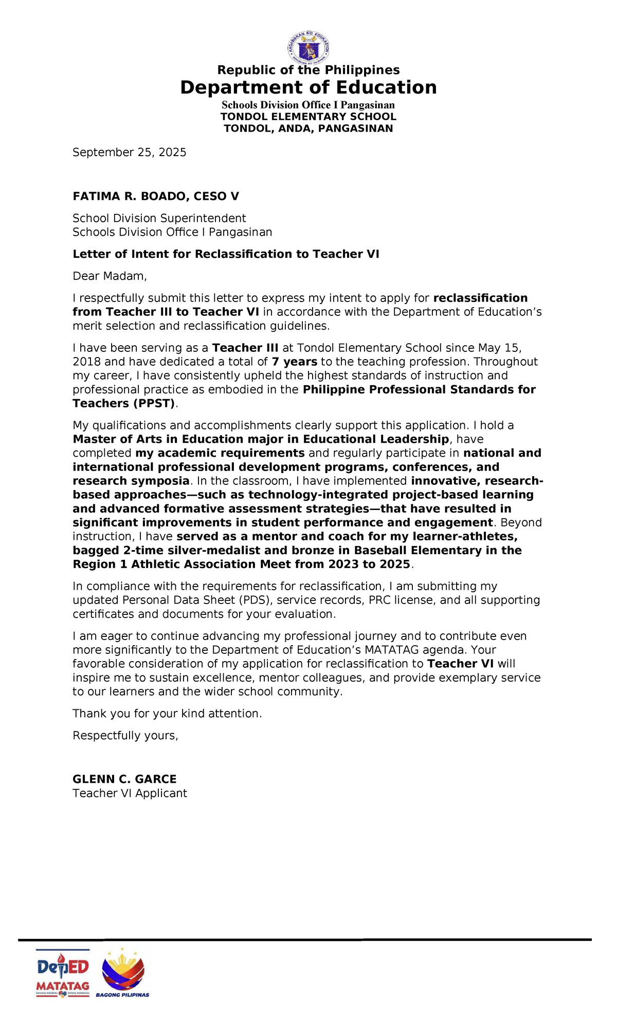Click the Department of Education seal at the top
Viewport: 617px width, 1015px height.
pos(308,49)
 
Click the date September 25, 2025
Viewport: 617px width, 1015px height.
pos(129,152)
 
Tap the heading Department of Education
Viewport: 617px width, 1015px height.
pos(308,87)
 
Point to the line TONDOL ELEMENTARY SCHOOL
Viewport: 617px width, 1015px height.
pos(308,117)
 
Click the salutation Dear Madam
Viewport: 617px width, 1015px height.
pos(110,276)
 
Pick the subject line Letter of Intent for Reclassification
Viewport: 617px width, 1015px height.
pos(226,254)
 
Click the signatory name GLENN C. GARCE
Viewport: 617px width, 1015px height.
pos(124,779)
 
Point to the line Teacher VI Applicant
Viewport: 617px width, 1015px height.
pos(130,793)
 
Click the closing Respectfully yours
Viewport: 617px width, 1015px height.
pos(125,736)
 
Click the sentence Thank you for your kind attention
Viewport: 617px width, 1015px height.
pos(167,713)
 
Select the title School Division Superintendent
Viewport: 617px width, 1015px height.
pos(159,218)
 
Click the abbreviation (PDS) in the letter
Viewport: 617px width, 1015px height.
pos(256,600)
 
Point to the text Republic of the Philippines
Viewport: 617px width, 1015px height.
pos(308,70)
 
